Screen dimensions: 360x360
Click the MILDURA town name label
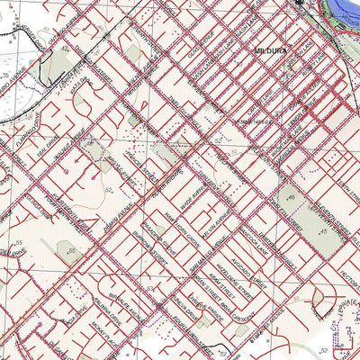(x=269, y=52)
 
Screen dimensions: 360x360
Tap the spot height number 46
(x=291, y=196)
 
